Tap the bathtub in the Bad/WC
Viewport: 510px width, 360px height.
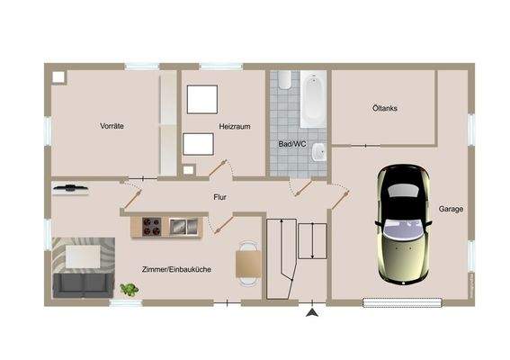[x=312, y=101]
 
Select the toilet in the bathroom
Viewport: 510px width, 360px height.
[x=285, y=80]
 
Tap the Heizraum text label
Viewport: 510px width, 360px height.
[x=233, y=127]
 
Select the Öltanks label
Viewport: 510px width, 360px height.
[x=384, y=108]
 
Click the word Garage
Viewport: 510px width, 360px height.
[x=451, y=209]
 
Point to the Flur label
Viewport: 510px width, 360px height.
[x=219, y=195]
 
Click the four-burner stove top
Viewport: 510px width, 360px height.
[x=150, y=226]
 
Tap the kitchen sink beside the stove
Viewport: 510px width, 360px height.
[x=182, y=226]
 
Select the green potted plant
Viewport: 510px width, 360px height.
[x=129, y=289]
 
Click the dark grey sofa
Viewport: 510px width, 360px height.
[x=83, y=284]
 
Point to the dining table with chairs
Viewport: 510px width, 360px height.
[x=248, y=264]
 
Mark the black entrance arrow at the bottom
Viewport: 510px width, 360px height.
[x=312, y=312]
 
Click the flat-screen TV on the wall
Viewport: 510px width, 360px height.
[x=70, y=188]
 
